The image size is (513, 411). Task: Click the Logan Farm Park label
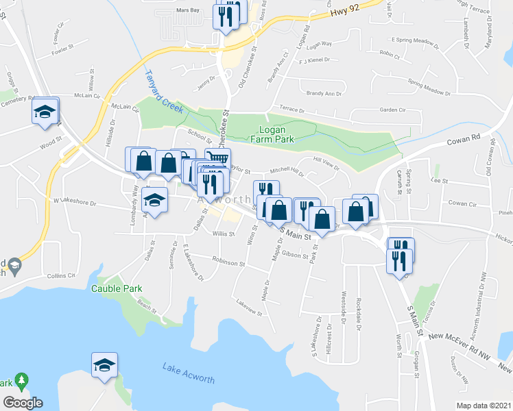point(277,134)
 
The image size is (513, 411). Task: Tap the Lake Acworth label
point(189,374)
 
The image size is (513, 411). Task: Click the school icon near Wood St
point(45,111)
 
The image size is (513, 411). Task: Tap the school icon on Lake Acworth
point(104,366)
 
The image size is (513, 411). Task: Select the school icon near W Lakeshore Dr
point(156,201)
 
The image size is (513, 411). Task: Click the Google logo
point(23,403)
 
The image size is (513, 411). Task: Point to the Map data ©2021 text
point(484,406)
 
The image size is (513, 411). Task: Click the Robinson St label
point(228,262)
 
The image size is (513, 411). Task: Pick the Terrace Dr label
point(296,109)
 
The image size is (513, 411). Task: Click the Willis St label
point(224,234)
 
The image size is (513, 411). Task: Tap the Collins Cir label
point(61,275)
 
